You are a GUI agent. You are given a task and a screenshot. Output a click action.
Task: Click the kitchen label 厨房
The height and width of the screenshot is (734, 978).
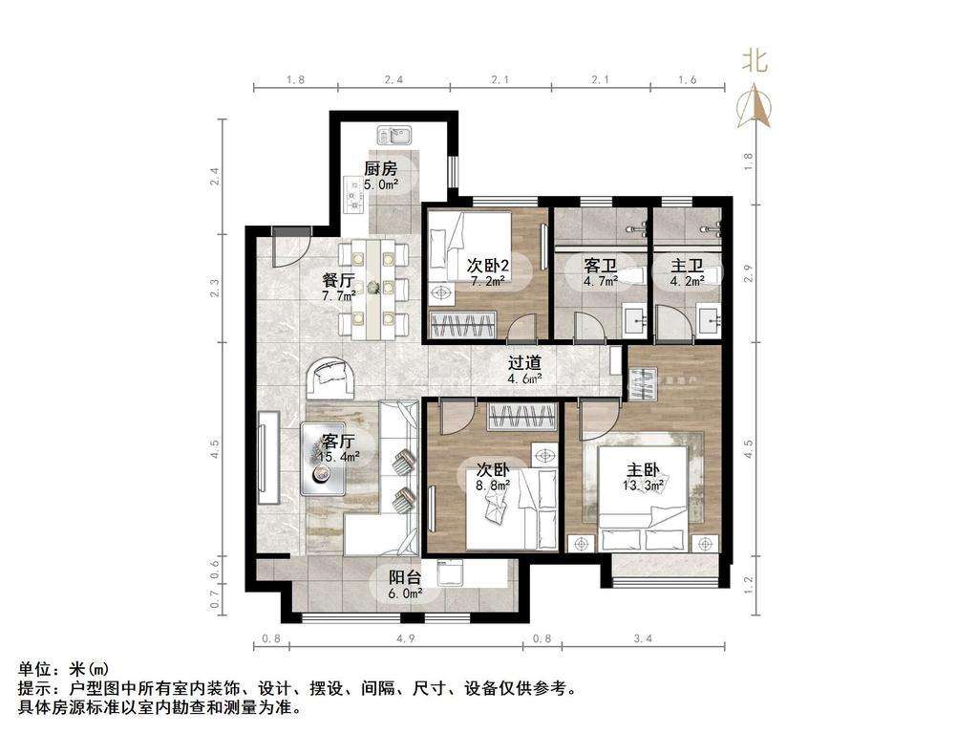380,168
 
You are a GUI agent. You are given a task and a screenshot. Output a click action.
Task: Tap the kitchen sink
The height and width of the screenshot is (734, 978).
393,135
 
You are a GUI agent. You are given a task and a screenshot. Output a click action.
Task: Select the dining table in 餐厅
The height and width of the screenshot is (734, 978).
373,289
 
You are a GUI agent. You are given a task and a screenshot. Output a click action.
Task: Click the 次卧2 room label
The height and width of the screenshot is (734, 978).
488,266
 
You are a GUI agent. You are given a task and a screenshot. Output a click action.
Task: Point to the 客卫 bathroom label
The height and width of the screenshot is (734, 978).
600,266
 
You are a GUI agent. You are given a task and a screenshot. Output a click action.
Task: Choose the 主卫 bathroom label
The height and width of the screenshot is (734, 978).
688,266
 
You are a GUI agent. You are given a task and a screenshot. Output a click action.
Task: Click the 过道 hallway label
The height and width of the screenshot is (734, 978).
524,363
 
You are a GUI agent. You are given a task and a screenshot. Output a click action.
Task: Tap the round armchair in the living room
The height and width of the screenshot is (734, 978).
331,378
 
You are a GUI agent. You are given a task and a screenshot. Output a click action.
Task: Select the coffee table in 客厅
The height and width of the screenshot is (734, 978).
323,459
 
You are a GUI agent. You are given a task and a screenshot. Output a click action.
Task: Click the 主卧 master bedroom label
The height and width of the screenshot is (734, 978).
643,470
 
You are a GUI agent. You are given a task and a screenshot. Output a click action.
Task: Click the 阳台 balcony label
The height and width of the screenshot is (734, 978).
405,578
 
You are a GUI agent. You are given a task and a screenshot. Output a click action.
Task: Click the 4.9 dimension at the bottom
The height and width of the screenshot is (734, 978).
405,638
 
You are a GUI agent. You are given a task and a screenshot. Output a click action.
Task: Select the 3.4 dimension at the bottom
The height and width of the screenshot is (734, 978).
643,638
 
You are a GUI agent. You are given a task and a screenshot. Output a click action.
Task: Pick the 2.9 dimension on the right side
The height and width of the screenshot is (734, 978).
749,272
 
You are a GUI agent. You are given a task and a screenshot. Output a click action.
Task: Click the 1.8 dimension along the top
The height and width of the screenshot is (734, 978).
295,80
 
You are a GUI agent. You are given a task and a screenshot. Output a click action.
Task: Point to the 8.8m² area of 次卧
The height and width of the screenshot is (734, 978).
494,484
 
